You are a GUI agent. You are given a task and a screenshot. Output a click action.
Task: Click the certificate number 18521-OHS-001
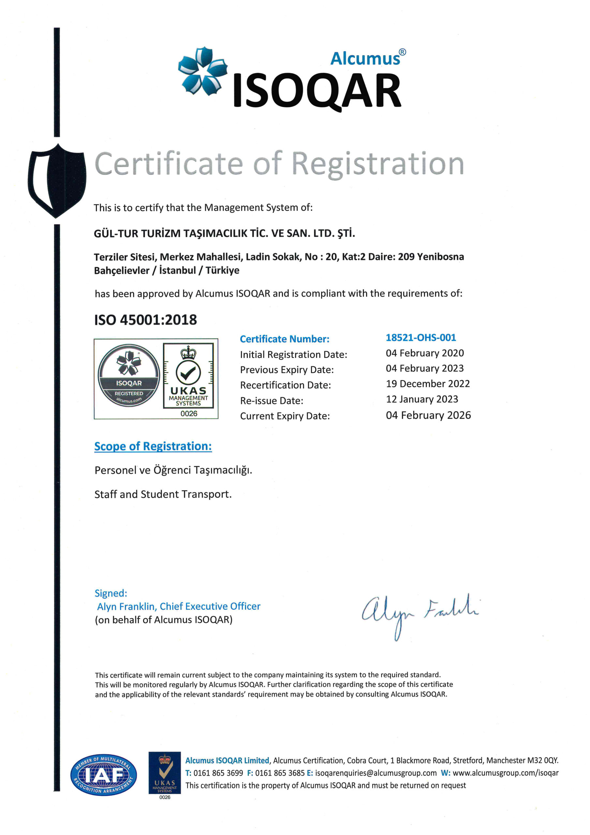point(420,338)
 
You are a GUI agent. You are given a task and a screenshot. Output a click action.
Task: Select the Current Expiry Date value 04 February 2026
point(428,415)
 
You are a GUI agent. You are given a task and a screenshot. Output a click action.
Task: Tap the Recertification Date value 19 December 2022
point(427,384)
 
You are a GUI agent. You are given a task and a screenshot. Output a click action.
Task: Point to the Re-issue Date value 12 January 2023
point(422,399)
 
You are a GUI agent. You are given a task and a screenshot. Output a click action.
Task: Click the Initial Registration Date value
point(425,353)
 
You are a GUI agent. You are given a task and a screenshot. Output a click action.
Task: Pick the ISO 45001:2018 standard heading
point(145,320)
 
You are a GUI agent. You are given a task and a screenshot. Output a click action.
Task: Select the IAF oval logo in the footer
point(104,775)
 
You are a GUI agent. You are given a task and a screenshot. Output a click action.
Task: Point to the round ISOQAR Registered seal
point(129,375)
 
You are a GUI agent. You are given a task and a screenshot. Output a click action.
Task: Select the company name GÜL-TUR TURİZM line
point(224,233)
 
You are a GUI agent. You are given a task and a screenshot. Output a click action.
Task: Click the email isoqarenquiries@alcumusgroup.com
point(376,773)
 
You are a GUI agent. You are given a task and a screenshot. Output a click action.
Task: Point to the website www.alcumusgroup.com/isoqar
point(505,773)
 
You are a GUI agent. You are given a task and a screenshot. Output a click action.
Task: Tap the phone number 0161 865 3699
point(218,773)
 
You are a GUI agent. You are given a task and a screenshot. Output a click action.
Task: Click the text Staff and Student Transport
point(163,494)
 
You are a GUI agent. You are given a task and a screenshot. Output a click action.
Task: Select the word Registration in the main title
point(378,164)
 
